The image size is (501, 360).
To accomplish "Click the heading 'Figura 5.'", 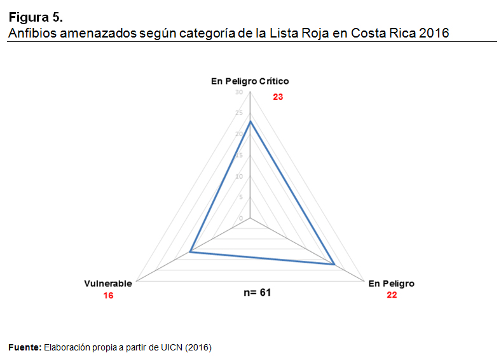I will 36,17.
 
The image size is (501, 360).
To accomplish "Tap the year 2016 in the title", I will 434,33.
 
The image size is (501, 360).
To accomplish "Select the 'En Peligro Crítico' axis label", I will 250,81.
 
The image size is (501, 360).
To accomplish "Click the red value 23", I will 278,97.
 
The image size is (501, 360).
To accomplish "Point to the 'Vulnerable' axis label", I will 108,284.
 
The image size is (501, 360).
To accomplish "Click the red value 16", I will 108,296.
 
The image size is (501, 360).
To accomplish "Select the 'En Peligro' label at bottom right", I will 391,284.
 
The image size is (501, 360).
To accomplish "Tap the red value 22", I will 392,295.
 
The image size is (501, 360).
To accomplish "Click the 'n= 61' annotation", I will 257,293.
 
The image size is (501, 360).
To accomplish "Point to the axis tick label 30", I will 239,92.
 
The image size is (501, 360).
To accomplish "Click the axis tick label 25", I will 239,113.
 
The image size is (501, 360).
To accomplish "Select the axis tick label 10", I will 239,176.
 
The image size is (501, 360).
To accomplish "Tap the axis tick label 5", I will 240,197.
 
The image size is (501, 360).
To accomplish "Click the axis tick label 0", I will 241,218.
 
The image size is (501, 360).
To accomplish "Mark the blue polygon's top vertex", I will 250,121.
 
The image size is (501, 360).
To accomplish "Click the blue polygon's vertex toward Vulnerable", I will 191,253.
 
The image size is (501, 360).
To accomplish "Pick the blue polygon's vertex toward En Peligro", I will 334,264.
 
